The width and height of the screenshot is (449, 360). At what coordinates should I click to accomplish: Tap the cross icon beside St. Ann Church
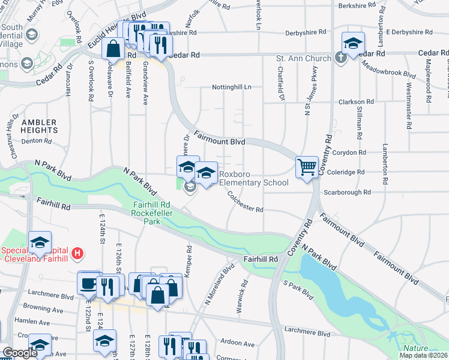pyautogui.click(x=340, y=58)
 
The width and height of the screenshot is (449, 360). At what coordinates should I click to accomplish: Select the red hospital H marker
pyautogui.click(x=77, y=253)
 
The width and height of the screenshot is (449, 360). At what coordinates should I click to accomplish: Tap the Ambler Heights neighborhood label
pyautogui.click(x=40, y=126)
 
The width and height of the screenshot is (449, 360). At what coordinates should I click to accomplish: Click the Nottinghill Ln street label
pyautogui.click(x=231, y=88)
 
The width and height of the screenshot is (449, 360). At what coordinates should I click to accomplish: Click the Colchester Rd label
pyautogui.click(x=245, y=202)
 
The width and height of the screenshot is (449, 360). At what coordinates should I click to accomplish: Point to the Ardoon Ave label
pyautogui.click(x=238, y=344)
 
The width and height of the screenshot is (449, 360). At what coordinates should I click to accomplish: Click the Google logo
pyautogui.click(x=20, y=353)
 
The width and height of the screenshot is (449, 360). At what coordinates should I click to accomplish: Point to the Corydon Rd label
pyautogui.click(x=350, y=153)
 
